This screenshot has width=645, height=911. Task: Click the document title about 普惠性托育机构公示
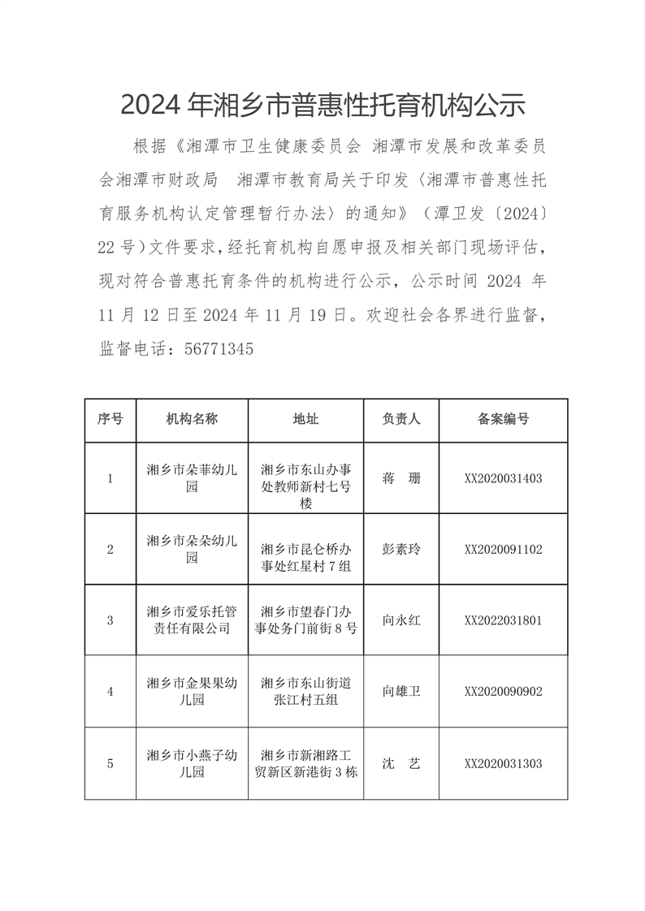[322, 105]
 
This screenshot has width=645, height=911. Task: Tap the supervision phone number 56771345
[219, 349]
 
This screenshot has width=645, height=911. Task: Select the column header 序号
[110, 419]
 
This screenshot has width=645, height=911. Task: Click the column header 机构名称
[192, 419]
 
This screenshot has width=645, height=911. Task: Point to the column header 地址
[305, 419]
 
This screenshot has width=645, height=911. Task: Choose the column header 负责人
[401, 419]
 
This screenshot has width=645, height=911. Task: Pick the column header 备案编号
[503, 419]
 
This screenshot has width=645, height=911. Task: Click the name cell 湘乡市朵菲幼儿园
[192, 478]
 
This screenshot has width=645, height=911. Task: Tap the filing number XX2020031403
[503, 478]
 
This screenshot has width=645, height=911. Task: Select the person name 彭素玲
[401, 549]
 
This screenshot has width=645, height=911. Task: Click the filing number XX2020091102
[503, 549]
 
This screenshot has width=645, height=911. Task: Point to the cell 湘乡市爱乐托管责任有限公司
[192, 620]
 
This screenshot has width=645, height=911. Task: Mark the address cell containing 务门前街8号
[305, 620]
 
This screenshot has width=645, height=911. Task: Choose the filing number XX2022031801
[503, 620]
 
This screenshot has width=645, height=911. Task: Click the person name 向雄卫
[401, 692]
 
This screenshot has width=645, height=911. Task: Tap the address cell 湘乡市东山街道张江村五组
[305, 692]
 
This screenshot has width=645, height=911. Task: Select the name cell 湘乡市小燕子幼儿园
[192, 763]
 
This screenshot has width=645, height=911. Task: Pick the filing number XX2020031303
[503, 764]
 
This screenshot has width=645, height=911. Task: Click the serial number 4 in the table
[110, 692]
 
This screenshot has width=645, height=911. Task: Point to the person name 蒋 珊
[401, 478]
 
